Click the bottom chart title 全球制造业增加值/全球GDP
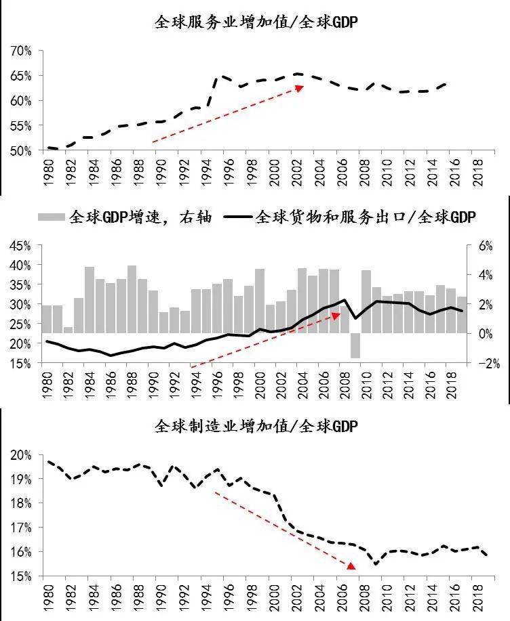tap(256, 427)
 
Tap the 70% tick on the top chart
tap(21, 51)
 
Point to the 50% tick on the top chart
tap(21, 150)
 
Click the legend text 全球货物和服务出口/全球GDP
tap(366, 217)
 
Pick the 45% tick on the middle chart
tap(21, 246)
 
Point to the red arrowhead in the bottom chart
tap(351, 565)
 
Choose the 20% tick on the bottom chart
tap(21, 454)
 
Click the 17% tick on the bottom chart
tap(21, 528)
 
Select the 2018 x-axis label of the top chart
tap(477, 174)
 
